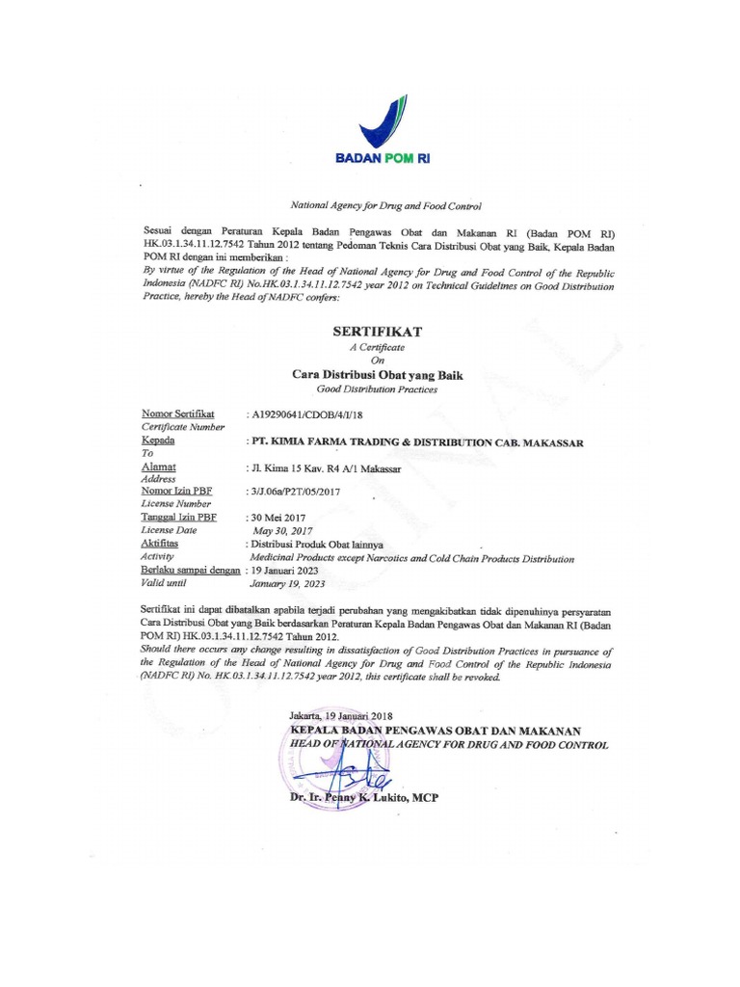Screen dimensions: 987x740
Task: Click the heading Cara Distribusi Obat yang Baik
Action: coord(378,374)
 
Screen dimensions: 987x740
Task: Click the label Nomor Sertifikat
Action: coord(177,413)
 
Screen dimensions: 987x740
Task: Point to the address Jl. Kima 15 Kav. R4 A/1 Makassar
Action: coord(322,468)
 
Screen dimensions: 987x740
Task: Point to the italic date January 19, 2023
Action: coord(289,584)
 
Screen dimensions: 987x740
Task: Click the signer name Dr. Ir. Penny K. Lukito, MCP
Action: coord(364,799)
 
